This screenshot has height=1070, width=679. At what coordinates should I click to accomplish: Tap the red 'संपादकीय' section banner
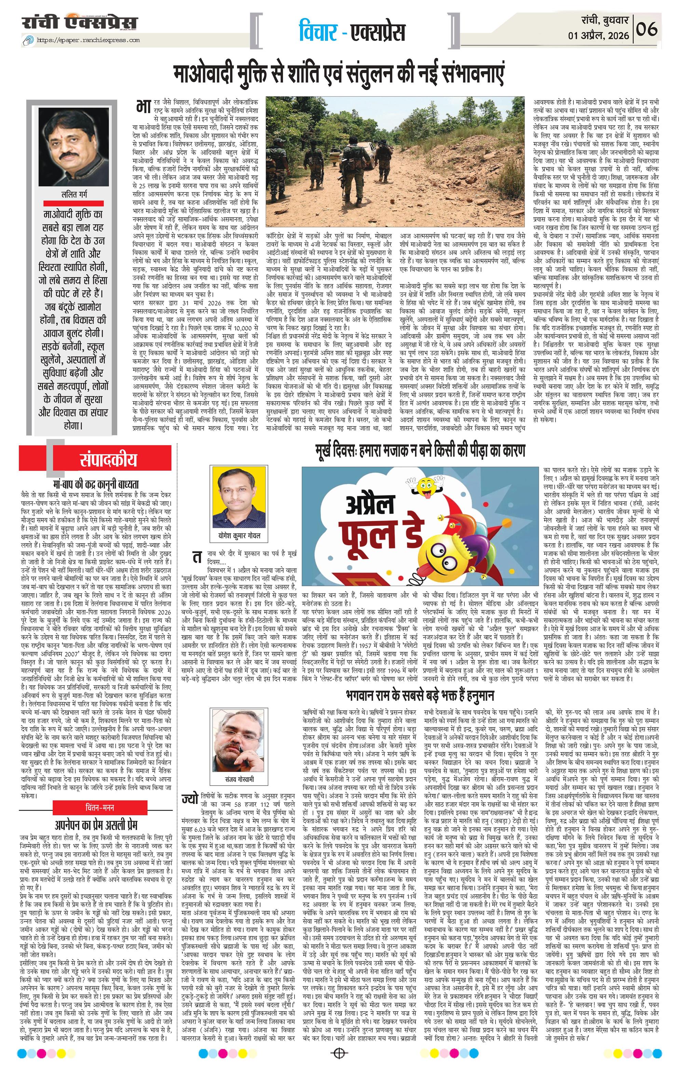pyautogui.click(x=107, y=459)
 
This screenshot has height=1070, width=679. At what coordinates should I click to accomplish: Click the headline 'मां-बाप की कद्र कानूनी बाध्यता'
pyautogui.click(x=95, y=483)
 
